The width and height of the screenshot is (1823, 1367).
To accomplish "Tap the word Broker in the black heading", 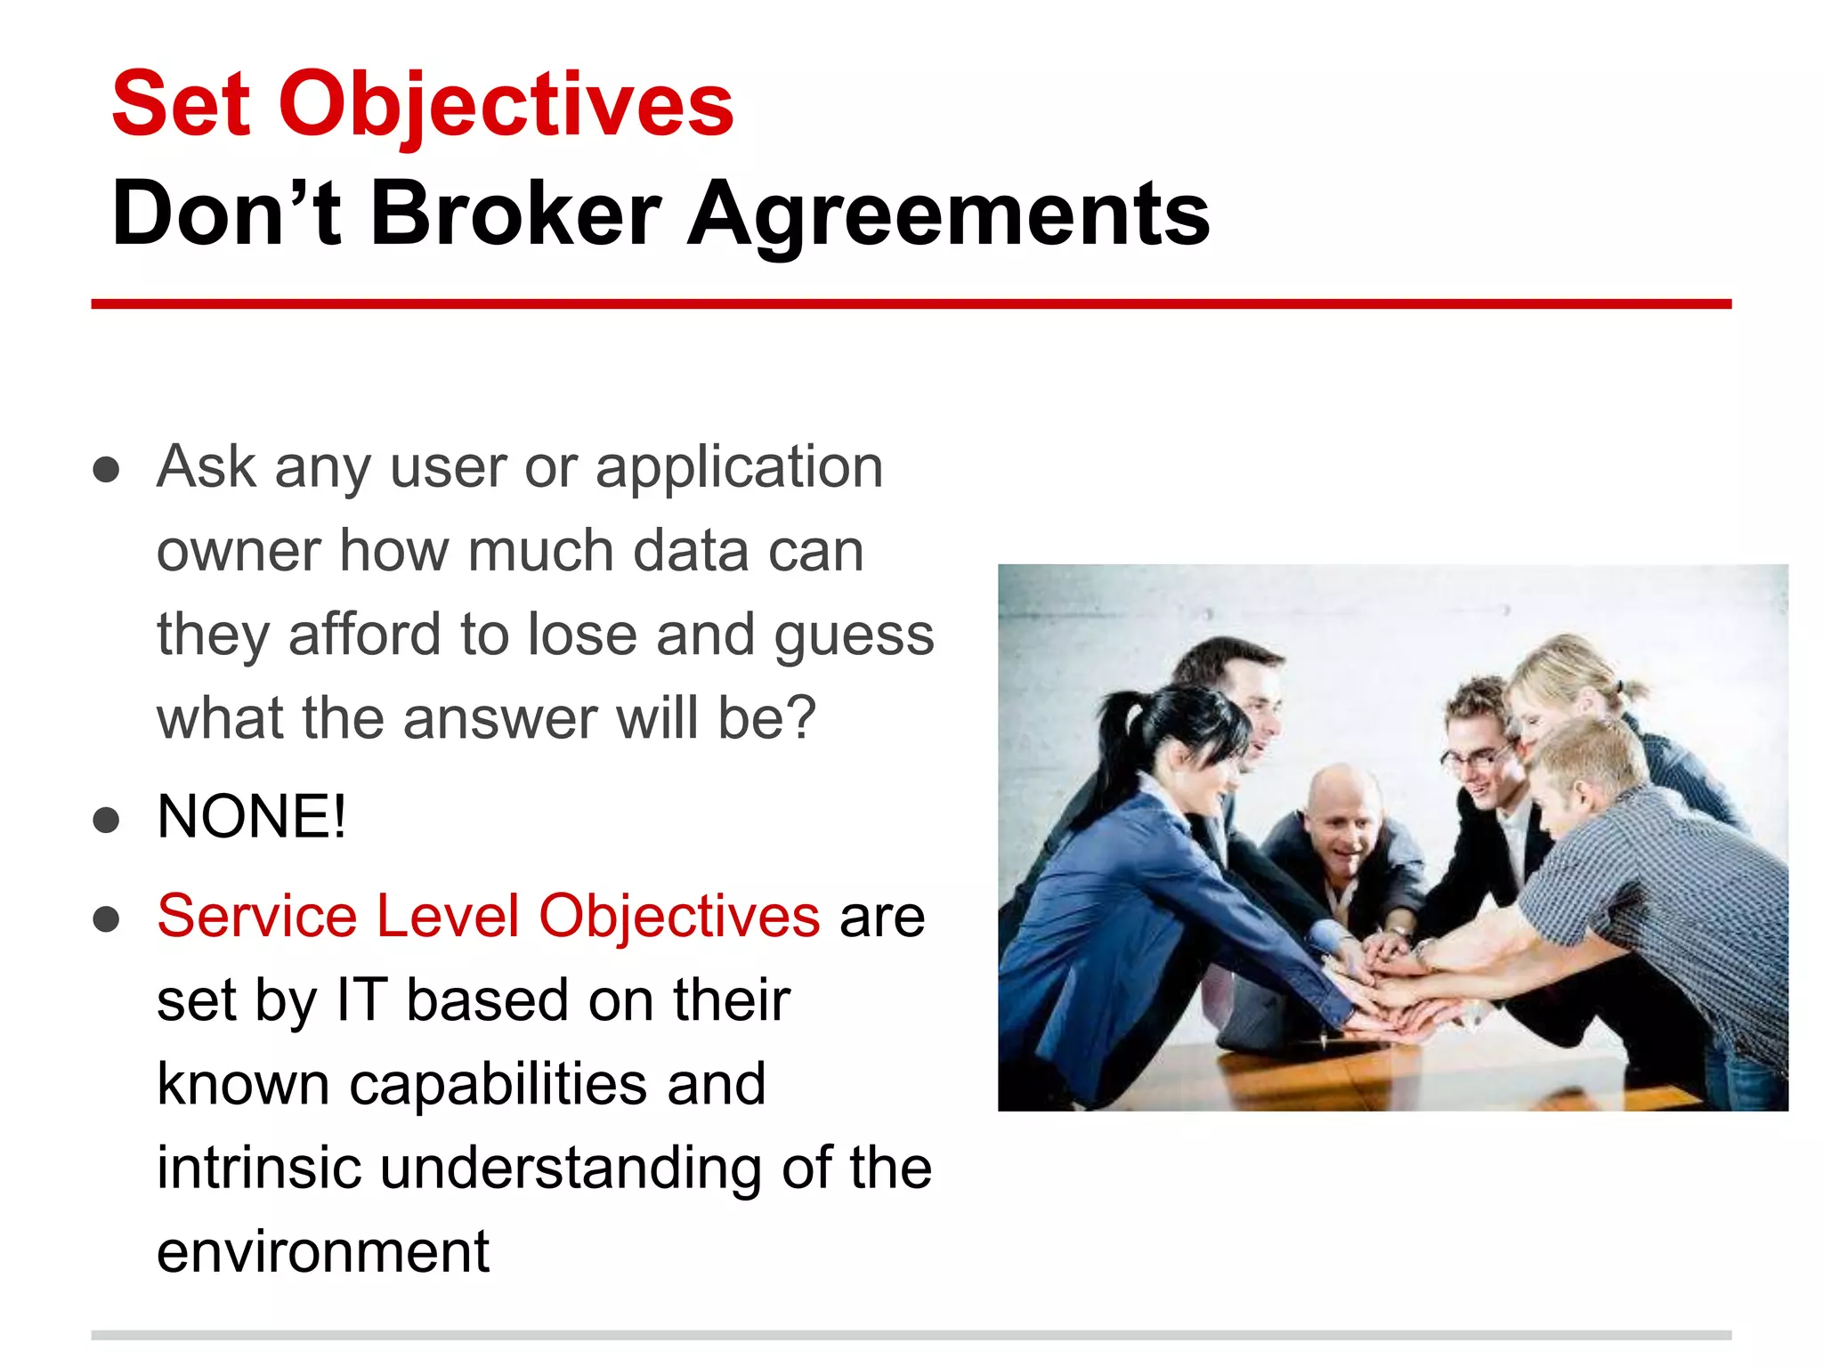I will [x=514, y=214].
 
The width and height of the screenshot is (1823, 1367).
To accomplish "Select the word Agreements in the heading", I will [x=948, y=214].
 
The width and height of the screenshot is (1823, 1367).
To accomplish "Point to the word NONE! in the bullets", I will [x=251, y=817].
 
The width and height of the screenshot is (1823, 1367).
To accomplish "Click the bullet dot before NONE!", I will [x=106, y=821].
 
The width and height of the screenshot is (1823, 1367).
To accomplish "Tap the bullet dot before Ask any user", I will [x=106, y=470].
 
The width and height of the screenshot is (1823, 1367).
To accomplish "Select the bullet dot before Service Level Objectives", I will [x=106, y=919].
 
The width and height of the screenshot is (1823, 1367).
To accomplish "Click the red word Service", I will [x=256, y=916].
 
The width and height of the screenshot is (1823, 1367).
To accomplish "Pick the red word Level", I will [x=447, y=916].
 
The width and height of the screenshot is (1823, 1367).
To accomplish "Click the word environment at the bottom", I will [x=322, y=1252].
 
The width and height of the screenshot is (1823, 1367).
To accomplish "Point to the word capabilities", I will [x=498, y=1084].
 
